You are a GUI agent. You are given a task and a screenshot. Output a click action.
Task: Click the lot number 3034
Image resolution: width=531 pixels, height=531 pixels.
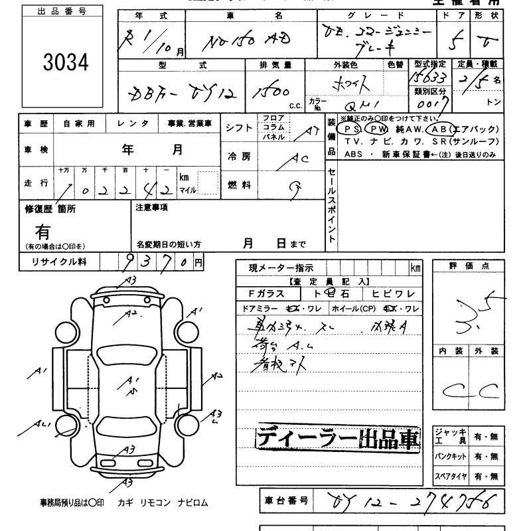(66, 62)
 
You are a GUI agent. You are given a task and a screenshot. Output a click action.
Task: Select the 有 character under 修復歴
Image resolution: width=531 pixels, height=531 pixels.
(43, 232)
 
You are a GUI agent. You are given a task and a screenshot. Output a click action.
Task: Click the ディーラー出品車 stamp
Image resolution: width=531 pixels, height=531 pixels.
(339, 439)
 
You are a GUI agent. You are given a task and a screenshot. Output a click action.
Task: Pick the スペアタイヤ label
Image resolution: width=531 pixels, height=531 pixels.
(449, 476)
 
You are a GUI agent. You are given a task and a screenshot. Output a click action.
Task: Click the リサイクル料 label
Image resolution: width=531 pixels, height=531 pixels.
(60, 262)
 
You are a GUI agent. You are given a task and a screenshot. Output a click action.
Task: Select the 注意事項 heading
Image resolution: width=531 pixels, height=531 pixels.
(151, 208)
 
